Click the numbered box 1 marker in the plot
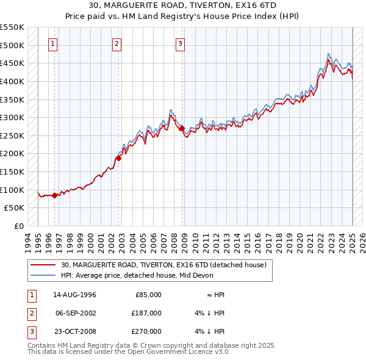[x=53, y=43]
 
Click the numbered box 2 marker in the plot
[x=117, y=43]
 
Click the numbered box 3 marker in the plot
[x=181, y=43]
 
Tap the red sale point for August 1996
[x=54, y=195]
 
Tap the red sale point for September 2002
[x=119, y=158]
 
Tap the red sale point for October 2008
[x=182, y=128]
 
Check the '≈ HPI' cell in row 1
[x=217, y=294]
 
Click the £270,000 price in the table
[x=146, y=331]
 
